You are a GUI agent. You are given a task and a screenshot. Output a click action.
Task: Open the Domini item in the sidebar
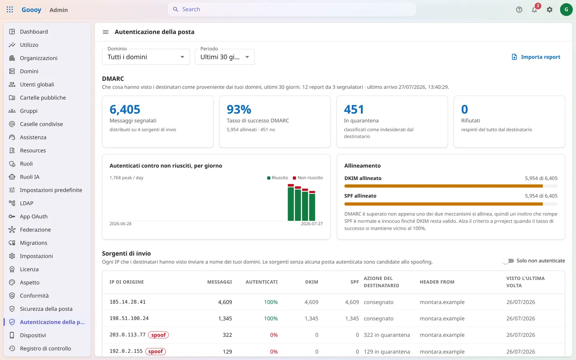point(29,71)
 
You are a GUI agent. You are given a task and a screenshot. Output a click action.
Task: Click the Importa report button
point(536,57)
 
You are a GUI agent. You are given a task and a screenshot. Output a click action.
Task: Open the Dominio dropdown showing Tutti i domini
point(146,57)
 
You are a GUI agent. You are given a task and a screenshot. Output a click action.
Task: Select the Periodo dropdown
point(224,57)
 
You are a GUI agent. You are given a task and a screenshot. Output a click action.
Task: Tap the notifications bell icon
point(534,10)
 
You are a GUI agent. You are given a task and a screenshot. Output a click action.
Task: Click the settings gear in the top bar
point(550,10)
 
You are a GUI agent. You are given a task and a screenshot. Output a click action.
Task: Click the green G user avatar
point(566,10)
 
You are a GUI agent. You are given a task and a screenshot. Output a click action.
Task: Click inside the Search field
point(292,9)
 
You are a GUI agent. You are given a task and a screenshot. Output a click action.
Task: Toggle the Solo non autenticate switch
point(508,261)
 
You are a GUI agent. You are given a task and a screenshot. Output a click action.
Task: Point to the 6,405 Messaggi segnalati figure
point(125,109)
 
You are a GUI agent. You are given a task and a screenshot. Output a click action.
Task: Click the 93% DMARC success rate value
point(239,109)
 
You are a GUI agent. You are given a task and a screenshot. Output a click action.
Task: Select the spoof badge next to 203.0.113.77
point(158,335)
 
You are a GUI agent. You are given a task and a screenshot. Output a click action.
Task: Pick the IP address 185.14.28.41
point(128,302)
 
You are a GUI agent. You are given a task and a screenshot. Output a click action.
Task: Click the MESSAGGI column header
point(219,282)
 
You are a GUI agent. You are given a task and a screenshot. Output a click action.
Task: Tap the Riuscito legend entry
point(278,178)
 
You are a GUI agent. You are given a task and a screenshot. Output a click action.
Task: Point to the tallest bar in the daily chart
point(290,202)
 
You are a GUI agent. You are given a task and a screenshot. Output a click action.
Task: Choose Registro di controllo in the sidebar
point(45,348)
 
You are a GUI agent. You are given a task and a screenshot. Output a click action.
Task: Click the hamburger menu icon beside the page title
point(106,32)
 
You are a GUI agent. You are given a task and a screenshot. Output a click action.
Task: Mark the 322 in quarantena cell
point(387,335)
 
